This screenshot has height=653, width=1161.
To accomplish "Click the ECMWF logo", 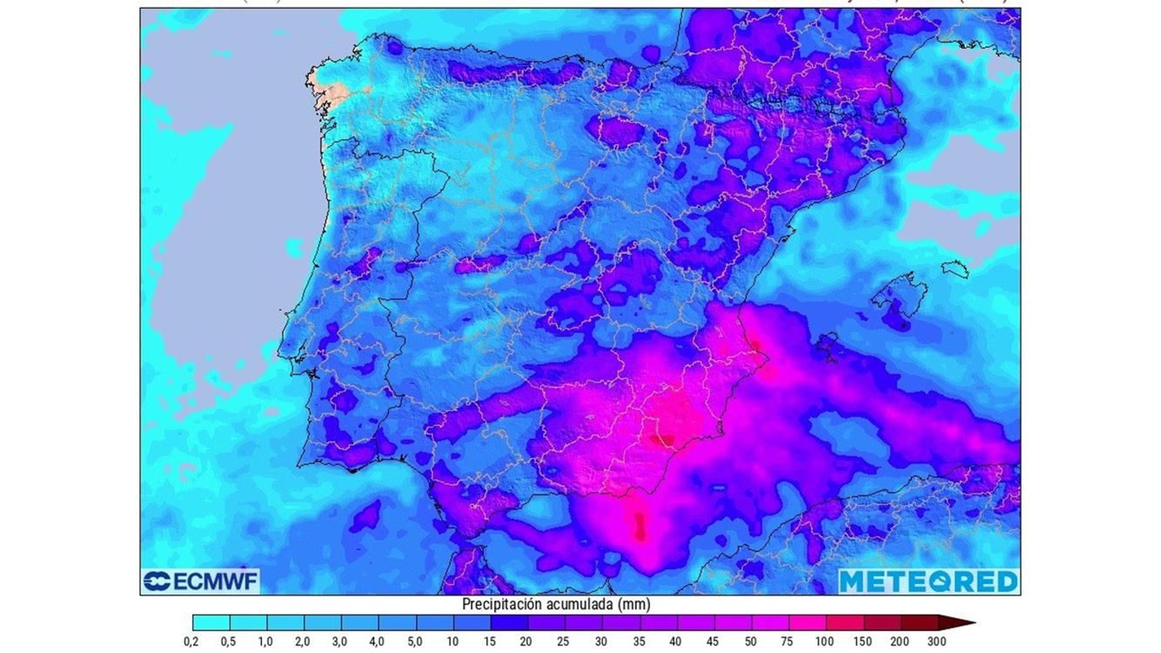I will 200,580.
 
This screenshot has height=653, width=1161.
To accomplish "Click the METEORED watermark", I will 929,580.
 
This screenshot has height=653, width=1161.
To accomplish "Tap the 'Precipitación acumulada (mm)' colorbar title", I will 556,604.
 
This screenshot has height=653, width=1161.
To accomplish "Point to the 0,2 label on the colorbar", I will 192,641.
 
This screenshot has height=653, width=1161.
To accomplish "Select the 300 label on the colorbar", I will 936,641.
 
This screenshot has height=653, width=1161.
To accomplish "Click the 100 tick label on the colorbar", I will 824,641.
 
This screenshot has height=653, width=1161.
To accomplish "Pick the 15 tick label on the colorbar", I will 490,641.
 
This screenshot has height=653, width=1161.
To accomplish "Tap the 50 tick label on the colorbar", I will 750,641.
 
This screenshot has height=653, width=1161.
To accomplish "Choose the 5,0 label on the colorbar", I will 415,641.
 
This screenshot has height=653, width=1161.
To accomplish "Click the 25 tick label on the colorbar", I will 564,641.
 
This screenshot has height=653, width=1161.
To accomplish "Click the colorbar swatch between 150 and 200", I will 882,623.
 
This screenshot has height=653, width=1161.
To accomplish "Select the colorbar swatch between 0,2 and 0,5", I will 211,623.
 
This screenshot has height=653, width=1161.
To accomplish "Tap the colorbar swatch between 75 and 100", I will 807,623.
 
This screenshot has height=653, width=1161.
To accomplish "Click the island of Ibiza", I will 828,344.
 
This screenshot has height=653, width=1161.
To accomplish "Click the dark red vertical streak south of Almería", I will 640,525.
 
